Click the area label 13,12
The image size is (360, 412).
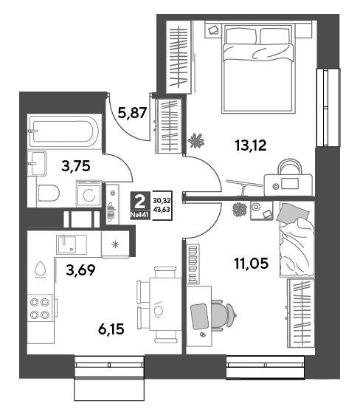pos(251,145)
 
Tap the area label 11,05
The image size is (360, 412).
pos(252,264)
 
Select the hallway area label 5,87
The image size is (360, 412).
pos(132,113)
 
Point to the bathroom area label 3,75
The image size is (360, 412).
pos(76,166)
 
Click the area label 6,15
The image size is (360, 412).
pos(111,329)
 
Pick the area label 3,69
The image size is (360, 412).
pos(80,269)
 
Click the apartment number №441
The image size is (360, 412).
pos(139,215)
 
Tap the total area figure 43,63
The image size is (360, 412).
pos(162,209)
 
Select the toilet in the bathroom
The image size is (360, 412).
pos(48,193)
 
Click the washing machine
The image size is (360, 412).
pos(89,193)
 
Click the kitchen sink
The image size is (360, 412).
pos(72,244)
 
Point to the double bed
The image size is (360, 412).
pos(257,69)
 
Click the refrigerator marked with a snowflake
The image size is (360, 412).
pos(115,244)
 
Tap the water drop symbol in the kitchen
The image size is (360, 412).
pos(41,269)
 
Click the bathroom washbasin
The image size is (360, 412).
pos(37,163)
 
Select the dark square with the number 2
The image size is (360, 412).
pos(140,202)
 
